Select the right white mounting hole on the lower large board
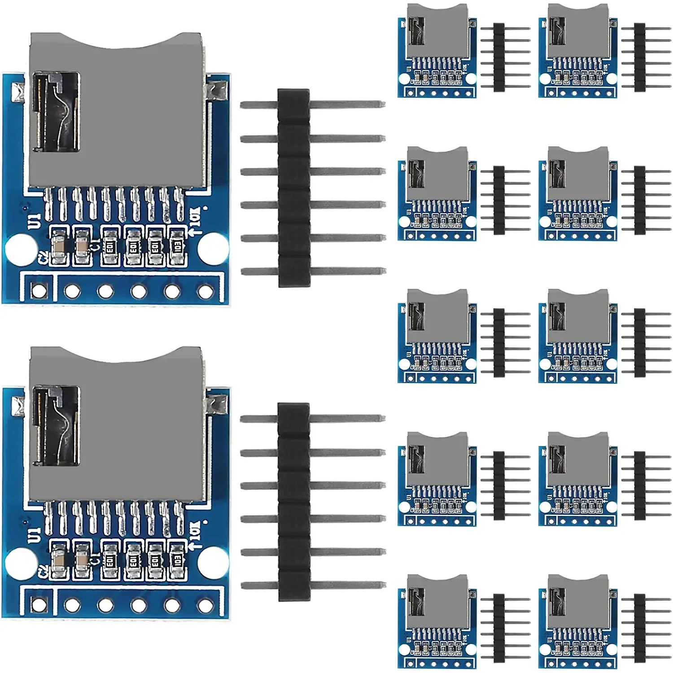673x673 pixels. (x=213, y=562)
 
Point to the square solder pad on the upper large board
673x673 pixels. (x=39, y=290)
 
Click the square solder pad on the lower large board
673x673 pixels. (x=39, y=605)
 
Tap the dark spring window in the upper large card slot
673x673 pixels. (x=57, y=112)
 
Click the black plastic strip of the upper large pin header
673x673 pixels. (x=294, y=188)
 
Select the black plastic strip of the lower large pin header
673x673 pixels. (x=294, y=502)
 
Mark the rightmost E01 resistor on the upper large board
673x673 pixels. (x=177, y=246)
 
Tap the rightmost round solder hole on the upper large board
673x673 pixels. (x=205, y=292)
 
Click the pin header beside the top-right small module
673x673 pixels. (x=640, y=57)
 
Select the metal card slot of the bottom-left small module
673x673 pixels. (x=437, y=601)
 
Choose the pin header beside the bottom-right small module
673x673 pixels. (x=640, y=628)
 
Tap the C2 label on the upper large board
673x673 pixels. (x=44, y=259)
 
